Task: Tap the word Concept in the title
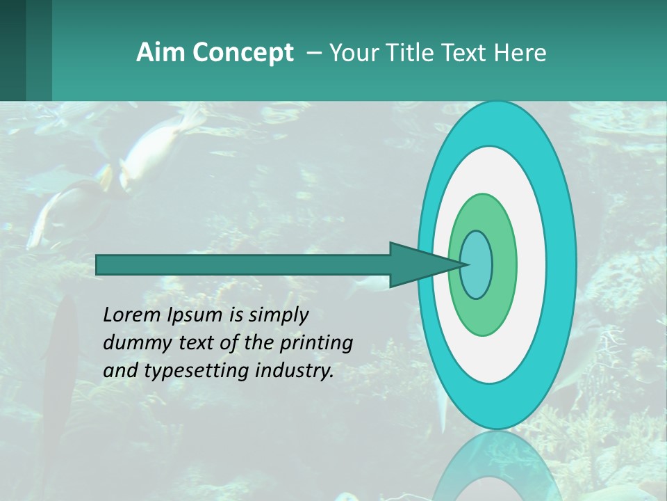[242, 53]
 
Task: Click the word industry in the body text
[293, 372]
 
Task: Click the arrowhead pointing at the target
[417, 265]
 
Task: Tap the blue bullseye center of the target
[477, 265]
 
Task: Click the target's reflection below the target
[496, 466]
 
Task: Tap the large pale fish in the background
[157, 150]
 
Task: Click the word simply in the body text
[278, 316]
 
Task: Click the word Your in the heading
[352, 53]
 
